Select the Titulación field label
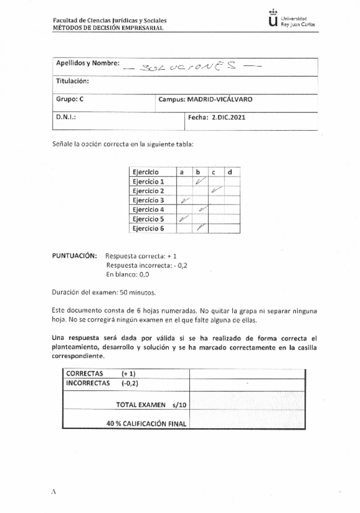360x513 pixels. (73, 81)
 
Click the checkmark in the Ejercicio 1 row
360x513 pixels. (201, 181)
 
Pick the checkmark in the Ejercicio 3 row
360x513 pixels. (186, 200)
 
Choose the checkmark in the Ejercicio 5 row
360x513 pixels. (185, 219)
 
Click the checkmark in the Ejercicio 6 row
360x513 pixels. (201, 228)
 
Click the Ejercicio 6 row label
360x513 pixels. (148, 229)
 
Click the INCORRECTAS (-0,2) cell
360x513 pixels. (100, 383)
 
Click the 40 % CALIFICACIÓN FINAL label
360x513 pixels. (146, 423)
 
